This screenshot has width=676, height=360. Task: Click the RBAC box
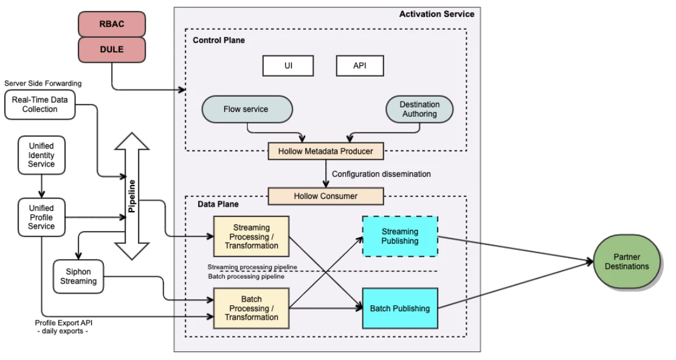click(111, 25)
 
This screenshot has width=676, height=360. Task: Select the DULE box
click(111, 50)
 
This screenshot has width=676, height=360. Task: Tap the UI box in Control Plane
click(288, 66)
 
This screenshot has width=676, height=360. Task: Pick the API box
click(360, 66)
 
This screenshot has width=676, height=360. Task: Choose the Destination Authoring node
click(419, 109)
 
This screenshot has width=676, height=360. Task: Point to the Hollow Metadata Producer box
click(326, 151)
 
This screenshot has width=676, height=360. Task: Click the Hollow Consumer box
click(326, 196)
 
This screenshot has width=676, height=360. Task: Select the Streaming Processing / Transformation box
click(251, 237)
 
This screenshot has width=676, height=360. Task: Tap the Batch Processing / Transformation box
click(251, 308)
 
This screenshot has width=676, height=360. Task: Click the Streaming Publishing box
click(399, 236)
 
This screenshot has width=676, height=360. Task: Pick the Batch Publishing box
click(399, 308)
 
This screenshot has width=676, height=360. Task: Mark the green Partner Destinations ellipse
click(630, 262)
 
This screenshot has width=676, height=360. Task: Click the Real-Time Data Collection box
click(39, 105)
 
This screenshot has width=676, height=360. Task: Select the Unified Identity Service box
click(41, 155)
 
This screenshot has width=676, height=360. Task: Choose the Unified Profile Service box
click(41, 217)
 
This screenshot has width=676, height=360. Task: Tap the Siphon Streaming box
click(77, 277)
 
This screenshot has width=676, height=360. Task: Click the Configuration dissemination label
click(381, 174)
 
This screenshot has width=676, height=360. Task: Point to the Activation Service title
click(436, 14)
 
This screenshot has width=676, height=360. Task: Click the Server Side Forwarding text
click(43, 83)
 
